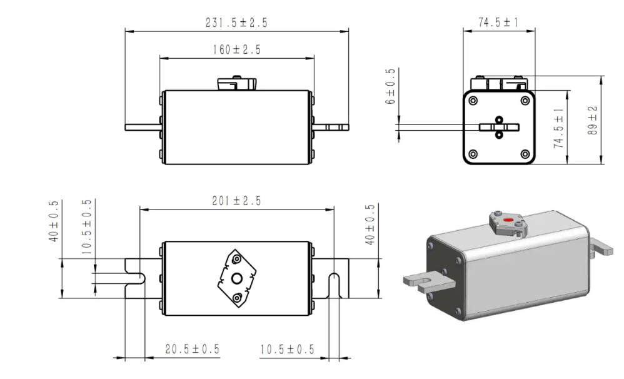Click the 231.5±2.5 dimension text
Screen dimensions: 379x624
click(236, 23)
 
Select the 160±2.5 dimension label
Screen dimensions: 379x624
click(236, 50)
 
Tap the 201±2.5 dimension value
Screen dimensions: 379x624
click(236, 201)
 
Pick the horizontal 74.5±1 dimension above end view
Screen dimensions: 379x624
click(498, 23)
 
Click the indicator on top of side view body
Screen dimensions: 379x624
click(236, 84)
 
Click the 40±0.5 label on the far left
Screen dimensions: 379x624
click(54, 221)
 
